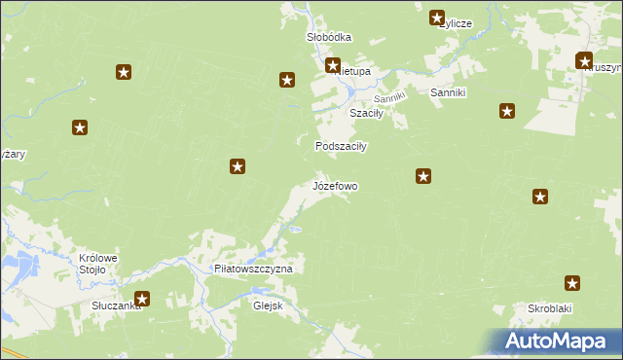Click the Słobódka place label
(x=329, y=37)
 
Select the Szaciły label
(x=367, y=113)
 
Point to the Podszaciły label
(x=340, y=146)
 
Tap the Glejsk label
(x=266, y=303)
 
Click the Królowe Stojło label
(x=97, y=264)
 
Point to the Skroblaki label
(x=549, y=307)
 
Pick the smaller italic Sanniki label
(x=389, y=98)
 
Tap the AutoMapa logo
(x=553, y=342)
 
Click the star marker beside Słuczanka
(x=142, y=301)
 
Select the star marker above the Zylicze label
(x=437, y=17)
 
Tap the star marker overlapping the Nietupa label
(x=333, y=66)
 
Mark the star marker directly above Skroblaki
(x=572, y=284)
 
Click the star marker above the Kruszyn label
(x=585, y=60)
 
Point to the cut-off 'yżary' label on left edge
(x=13, y=155)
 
